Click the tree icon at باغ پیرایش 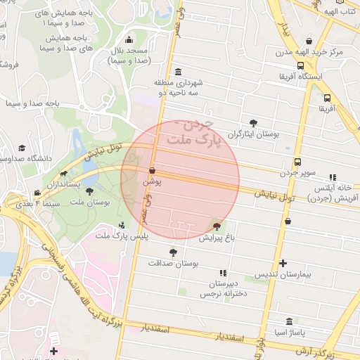(217, 226)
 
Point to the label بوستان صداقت (174, 263)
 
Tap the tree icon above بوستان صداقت (173, 252)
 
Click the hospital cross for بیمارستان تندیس (283, 264)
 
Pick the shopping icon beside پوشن (153, 170)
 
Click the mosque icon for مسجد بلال (129, 39)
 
